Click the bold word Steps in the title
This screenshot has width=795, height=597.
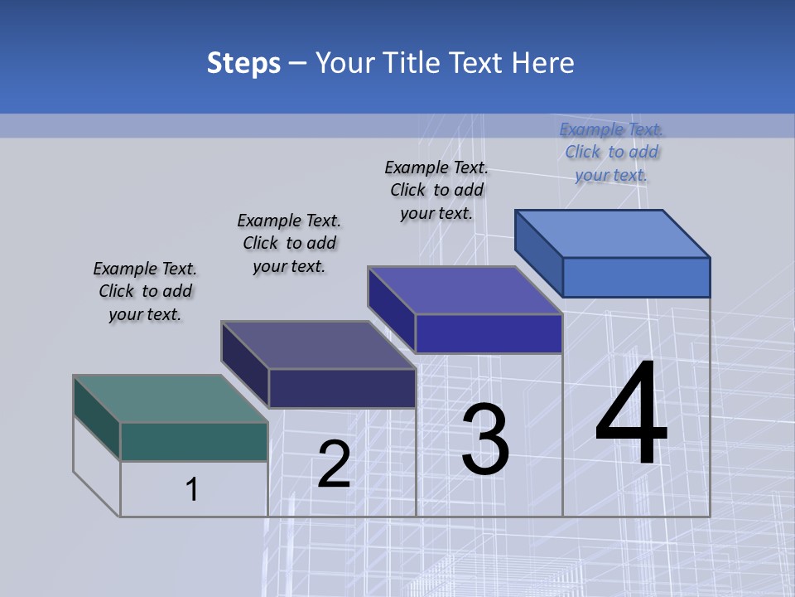point(243,63)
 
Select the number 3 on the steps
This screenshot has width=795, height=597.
point(485,439)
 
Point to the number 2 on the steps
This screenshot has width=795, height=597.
point(334,464)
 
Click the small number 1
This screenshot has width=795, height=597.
point(192,489)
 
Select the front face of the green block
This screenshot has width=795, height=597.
point(194,441)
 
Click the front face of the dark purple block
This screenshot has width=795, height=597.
point(342,388)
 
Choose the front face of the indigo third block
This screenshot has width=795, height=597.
point(489,333)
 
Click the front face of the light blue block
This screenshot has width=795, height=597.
point(636,277)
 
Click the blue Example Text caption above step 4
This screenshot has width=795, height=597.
point(611,153)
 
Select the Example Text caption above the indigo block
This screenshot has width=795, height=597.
point(436,190)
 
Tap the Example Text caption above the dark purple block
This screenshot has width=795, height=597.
point(289,243)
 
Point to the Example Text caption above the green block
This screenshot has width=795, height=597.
point(145,291)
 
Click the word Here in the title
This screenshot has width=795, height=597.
point(543,63)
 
